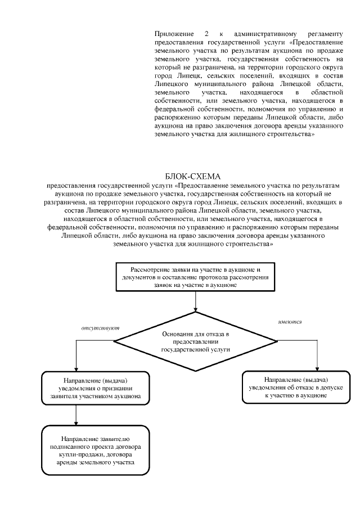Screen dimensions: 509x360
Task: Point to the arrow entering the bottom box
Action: click(x=76, y=416)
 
